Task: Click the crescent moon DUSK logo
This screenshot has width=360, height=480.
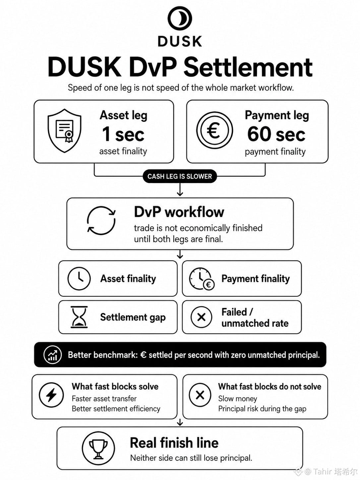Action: click(180, 18)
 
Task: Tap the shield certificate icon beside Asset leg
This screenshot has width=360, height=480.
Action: click(65, 131)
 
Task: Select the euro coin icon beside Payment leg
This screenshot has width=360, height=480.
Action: click(214, 131)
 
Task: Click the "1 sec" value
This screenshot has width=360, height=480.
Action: click(123, 134)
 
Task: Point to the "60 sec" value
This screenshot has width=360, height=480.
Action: click(276, 134)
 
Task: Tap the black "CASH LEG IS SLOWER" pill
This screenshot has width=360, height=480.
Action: click(180, 176)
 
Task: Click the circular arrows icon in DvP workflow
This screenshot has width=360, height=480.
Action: click(101, 220)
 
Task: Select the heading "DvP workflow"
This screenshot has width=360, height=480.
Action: click(179, 212)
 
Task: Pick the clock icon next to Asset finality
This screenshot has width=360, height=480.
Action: click(79, 278)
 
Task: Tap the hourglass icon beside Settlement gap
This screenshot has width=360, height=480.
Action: click(79, 317)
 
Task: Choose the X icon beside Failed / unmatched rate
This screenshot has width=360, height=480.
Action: click(201, 317)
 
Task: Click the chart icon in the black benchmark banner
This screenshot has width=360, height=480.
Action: click(52, 355)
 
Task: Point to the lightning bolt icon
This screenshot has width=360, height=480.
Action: click(51, 395)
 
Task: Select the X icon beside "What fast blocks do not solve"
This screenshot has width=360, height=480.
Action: click(200, 395)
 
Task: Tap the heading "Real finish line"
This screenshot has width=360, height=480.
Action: click(174, 443)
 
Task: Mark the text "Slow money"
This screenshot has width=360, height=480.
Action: click(238, 399)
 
